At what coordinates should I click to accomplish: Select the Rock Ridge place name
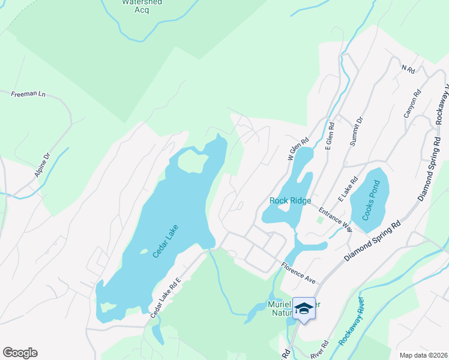pos(291,201)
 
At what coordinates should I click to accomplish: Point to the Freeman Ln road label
pos(28,94)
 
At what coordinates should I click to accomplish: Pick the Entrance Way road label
pos(335,218)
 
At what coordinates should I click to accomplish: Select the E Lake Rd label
pos(348,188)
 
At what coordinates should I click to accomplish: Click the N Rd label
pos(408,70)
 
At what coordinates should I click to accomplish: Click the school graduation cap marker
pos(304,308)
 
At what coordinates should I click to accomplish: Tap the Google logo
pos(20,353)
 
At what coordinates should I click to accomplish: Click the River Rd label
pos(319,350)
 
